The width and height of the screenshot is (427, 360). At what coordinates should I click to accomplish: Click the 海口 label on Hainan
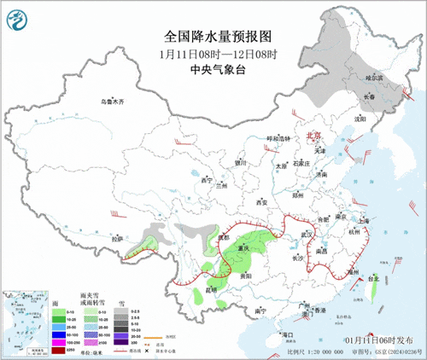[288, 336]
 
